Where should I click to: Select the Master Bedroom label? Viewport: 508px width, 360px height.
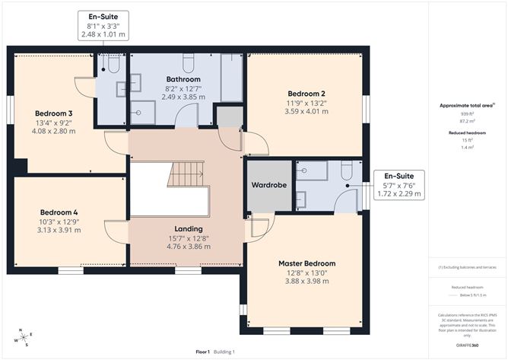coord(306,263)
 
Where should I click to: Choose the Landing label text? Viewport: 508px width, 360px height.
coord(188,228)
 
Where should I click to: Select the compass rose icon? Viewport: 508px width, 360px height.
coord(24,336)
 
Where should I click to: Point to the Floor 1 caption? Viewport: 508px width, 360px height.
coord(202,352)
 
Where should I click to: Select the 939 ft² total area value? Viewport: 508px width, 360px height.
coord(467,113)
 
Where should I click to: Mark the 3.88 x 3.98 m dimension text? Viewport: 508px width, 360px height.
coord(306,282)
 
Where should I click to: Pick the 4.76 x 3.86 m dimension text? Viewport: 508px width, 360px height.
coord(188,247)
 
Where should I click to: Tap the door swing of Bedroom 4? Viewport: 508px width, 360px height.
coord(116,231)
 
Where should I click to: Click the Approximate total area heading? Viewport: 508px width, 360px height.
coord(467,105)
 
